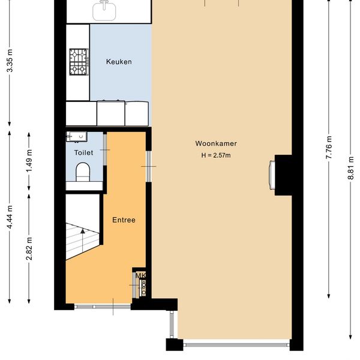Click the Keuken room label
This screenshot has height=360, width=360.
[119, 62]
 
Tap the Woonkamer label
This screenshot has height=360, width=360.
[216, 143]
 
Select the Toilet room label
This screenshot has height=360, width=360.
[83, 152]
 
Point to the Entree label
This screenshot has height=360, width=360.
[124, 220]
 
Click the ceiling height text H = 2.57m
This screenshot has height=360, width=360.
[216, 155]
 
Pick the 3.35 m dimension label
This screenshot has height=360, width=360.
[10, 61]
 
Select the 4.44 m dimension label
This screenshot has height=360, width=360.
[10, 217]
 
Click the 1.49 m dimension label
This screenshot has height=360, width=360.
[29, 161]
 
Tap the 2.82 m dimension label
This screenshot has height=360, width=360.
[29, 248]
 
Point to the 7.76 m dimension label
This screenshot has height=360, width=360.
[329, 148]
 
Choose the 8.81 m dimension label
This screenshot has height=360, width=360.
[351, 168]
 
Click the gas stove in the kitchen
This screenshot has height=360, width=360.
[79, 62]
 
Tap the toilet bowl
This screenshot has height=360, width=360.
[83, 172]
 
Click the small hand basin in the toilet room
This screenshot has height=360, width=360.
[76, 137]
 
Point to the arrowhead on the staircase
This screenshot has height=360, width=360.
[83, 231]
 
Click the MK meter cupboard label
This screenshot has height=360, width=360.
[140, 275]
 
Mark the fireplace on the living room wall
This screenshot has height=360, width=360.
[272, 175]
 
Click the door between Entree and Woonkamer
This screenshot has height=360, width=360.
[149, 166]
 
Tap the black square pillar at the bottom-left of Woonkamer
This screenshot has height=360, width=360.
[175, 344]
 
